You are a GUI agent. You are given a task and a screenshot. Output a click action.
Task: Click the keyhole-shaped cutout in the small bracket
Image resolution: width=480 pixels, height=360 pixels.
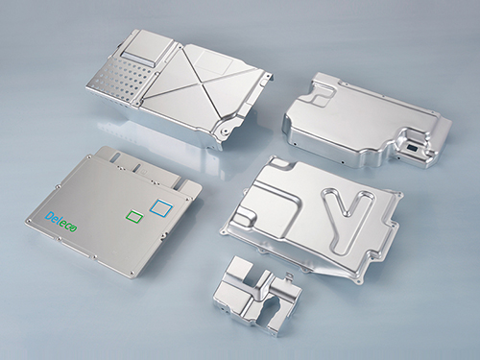[x=271, y=309]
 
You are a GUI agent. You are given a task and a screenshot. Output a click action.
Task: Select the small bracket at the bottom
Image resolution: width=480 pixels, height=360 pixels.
[x=257, y=296]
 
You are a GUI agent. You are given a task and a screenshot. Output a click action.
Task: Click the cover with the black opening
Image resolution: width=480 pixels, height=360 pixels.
[x=367, y=121]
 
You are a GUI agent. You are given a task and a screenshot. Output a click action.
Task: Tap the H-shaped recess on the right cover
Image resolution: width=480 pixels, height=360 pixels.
[x=321, y=93]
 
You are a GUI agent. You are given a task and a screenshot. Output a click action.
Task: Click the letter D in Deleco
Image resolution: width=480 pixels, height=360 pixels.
[x=49, y=217]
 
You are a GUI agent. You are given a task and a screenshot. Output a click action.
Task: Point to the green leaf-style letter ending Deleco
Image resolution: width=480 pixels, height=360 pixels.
[x=73, y=228]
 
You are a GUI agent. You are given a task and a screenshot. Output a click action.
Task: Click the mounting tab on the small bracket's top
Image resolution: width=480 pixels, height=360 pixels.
[x=290, y=276]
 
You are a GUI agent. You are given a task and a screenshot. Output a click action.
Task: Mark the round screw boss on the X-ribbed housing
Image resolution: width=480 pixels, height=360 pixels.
[x=226, y=131]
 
